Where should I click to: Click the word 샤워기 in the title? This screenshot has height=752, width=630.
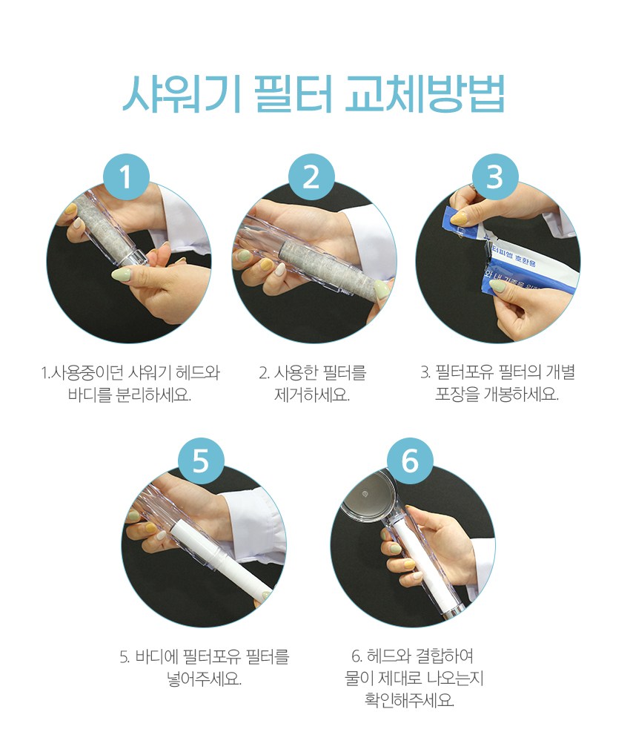(181, 94)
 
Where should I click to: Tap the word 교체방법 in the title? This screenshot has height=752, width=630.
(425, 94)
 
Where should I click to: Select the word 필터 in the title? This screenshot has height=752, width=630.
(293, 94)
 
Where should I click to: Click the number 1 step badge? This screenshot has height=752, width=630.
(126, 177)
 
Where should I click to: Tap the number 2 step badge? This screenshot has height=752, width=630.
(311, 177)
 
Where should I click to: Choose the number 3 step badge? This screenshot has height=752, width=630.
(494, 177)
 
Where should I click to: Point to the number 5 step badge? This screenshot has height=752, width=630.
(202, 461)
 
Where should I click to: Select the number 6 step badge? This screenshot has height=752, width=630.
(410, 461)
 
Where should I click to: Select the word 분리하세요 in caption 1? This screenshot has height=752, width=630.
(154, 395)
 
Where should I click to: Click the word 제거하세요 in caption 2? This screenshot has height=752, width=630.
(312, 395)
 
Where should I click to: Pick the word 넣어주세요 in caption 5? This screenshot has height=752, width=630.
(205, 679)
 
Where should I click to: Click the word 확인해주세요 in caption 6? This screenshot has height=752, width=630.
(409, 701)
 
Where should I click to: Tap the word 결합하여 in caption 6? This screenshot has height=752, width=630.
(444, 656)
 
